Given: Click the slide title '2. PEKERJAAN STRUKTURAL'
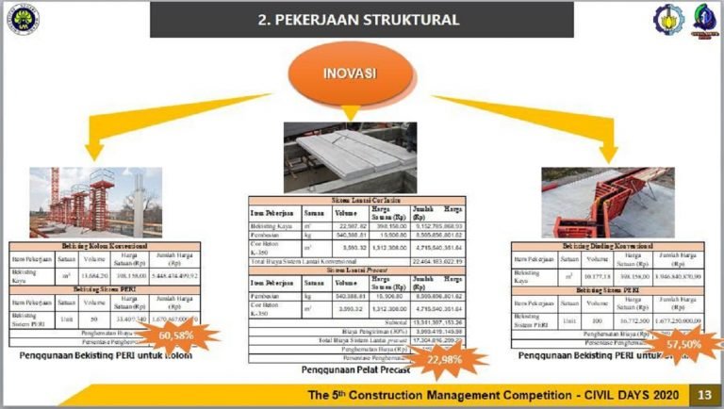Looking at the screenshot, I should coord(361,19).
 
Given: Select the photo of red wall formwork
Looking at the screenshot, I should coord(601,202).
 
